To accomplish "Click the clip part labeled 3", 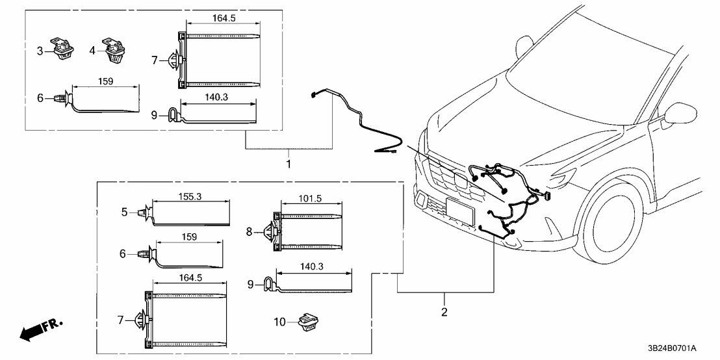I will point(64,49).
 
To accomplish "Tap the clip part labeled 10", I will point(305,322).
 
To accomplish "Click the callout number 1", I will point(288,164).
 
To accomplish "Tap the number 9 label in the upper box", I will point(154,115).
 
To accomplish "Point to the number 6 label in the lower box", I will point(122,255).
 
